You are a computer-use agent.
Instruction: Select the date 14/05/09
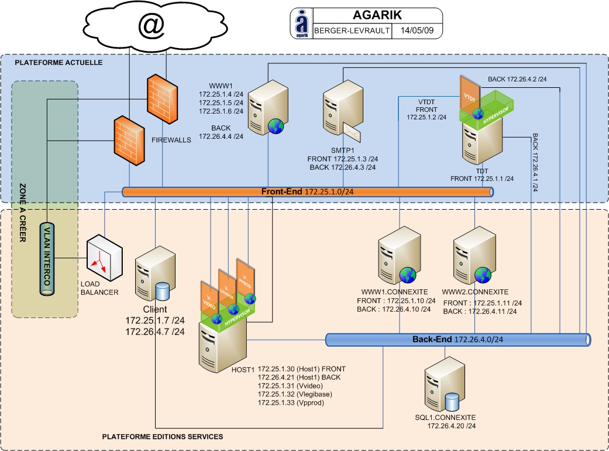click(x=417, y=31)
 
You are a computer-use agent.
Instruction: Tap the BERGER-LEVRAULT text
click(x=352, y=31)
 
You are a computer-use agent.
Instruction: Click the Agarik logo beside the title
click(x=301, y=23)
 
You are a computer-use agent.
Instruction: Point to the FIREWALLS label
click(x=171, y=141)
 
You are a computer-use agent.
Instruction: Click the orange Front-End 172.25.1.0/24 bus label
click(x=307, y=192)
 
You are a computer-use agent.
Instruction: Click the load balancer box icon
click(x=105, y=257)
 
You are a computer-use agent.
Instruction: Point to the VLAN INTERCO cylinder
click(x=46, y=258)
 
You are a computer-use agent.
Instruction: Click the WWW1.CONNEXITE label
click(x=394, y=292)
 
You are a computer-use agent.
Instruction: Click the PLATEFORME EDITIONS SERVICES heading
click(x=162, y=437)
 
